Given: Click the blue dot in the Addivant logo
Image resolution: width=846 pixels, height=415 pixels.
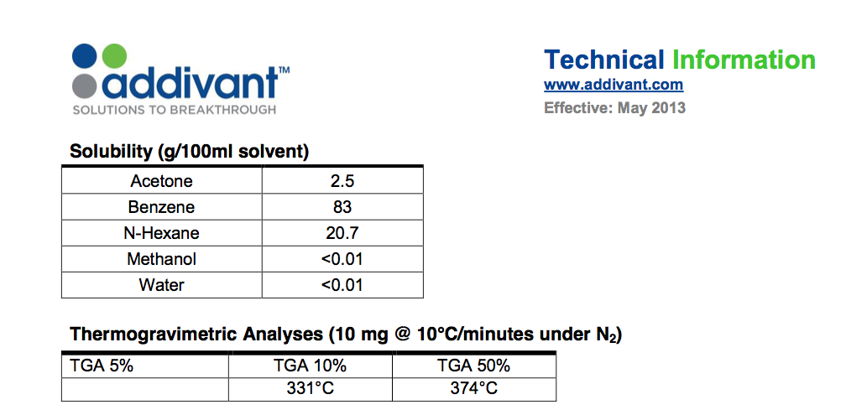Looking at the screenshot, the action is (85, 55).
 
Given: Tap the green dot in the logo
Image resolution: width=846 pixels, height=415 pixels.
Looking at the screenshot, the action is (114, 55).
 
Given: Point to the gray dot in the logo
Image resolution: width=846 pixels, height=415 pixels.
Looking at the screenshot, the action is (85, 86).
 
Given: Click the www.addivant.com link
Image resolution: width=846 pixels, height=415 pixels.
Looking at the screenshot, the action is (614, 85).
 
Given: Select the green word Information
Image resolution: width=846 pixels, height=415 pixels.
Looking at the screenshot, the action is (744, 60).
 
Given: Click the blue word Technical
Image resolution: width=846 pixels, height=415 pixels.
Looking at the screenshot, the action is (604, 60).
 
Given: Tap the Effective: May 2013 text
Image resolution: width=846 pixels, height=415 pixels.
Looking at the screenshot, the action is (614, 108).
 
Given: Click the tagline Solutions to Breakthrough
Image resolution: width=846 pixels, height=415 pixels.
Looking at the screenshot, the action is (174, 110).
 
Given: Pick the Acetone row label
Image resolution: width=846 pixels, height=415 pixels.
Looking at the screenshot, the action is (161, 181).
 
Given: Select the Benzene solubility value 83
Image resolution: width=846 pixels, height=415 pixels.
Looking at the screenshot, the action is (342, 207).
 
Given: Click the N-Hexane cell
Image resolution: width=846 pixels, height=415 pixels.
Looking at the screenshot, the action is (161, 233).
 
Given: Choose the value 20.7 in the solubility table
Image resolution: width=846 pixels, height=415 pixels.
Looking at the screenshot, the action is (342, 233).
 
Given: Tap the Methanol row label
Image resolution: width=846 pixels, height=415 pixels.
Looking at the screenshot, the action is (161, 259).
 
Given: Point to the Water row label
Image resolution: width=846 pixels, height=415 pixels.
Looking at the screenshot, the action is (161, 284).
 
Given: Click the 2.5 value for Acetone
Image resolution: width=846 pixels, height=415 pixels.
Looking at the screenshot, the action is (342, 181).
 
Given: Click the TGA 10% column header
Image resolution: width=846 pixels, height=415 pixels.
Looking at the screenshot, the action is (310, 366).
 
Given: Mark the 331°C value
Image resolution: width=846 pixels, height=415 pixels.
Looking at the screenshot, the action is (310, 389).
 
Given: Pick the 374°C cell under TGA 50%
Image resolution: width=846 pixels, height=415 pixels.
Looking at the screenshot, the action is (473, 389).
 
